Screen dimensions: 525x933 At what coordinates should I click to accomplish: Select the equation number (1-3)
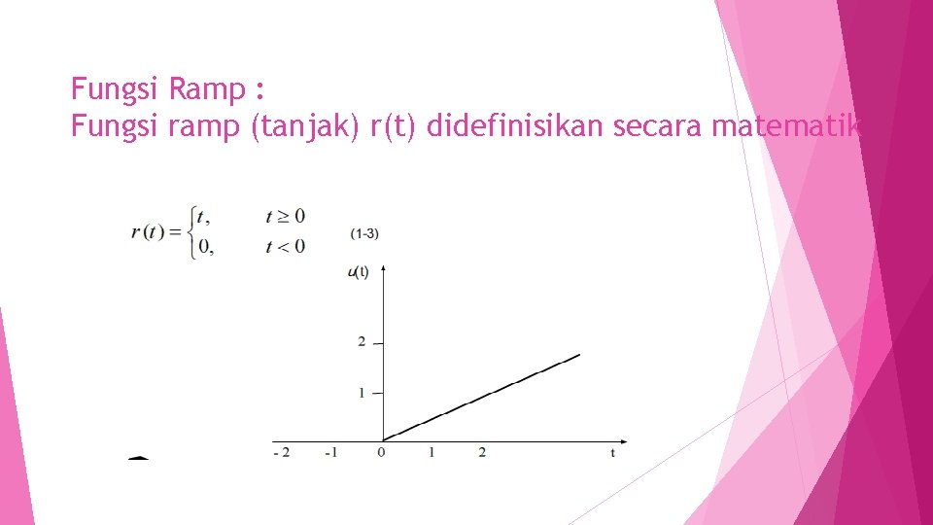(x=365, y=233)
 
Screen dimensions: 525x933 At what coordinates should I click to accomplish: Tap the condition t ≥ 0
(x=285, y=215)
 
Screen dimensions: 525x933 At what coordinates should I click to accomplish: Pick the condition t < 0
(x=285, y=246)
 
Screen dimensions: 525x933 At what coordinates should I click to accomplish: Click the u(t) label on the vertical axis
(x=358, y=272)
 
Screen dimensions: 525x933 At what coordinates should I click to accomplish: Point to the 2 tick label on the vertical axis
(x=362, y=342)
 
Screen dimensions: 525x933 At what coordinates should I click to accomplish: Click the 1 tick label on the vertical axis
(x=362, y=393)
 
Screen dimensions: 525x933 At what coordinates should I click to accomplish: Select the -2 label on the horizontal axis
(x=281, y=453)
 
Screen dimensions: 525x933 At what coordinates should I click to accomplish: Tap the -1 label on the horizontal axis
(x=331, y=453)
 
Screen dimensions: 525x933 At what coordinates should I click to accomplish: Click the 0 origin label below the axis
(x=382, y=453)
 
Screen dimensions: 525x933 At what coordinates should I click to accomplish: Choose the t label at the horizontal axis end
(x=612, y=453)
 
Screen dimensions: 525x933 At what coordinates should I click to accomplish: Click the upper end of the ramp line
(x=579, y=355)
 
